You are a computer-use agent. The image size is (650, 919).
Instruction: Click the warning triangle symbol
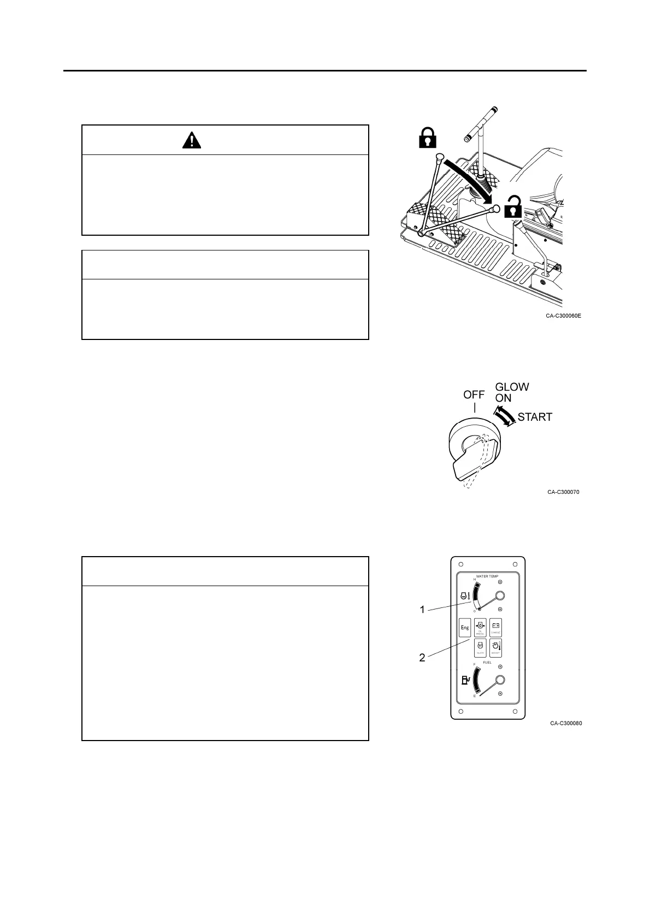(x=192, y=141)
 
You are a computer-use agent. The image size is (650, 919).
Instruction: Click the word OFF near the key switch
(x=474, y=395)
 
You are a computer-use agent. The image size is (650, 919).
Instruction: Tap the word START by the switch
(x=535, y=417)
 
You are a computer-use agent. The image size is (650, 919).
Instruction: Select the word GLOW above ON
(x=512, y=387)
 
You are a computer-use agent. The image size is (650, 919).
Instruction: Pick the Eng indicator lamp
(x=465, y=628)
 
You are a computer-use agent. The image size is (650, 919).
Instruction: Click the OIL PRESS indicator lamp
(x=480, y=628)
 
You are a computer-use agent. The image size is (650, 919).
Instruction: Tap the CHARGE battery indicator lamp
(x=495, y=628)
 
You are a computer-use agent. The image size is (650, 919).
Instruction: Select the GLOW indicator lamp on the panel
(x=480, y=647)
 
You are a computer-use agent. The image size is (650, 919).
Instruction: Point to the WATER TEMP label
(x=487, y=576)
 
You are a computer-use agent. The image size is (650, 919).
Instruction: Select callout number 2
(x=422, y=658)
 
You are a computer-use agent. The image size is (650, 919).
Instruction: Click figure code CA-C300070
(x=563, y=492)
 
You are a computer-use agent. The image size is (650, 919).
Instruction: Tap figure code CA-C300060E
(x=563, y=315)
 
